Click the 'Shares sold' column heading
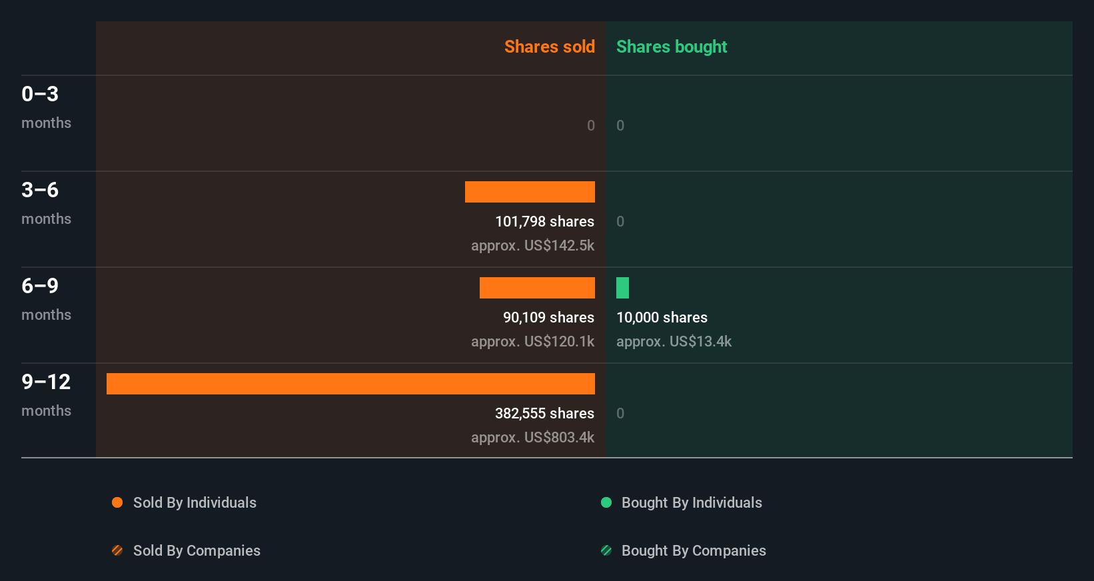click(549, 47)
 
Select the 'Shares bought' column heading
click(671, 47)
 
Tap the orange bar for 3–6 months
click(530, 192)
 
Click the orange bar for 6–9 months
click(537, 288)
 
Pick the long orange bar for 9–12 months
click(350, 384)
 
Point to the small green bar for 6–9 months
click(622, 288)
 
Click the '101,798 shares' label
click(544, 222)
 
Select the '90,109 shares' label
click(548, 318)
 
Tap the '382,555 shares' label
click(544, 414)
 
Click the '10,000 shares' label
click(662, 318)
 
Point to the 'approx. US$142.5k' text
click(532, 246)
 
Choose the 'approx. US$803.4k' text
click(532, 438)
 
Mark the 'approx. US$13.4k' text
click(674, 342)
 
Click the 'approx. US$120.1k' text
click(532, 342)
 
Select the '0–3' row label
click(40, 95)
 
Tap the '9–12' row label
click(46, 382)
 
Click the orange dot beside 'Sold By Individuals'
click(117, 502)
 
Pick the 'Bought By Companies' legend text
click(694, 551)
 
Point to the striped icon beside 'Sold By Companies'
click(117, 550)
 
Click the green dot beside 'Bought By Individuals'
click(606, 502)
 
